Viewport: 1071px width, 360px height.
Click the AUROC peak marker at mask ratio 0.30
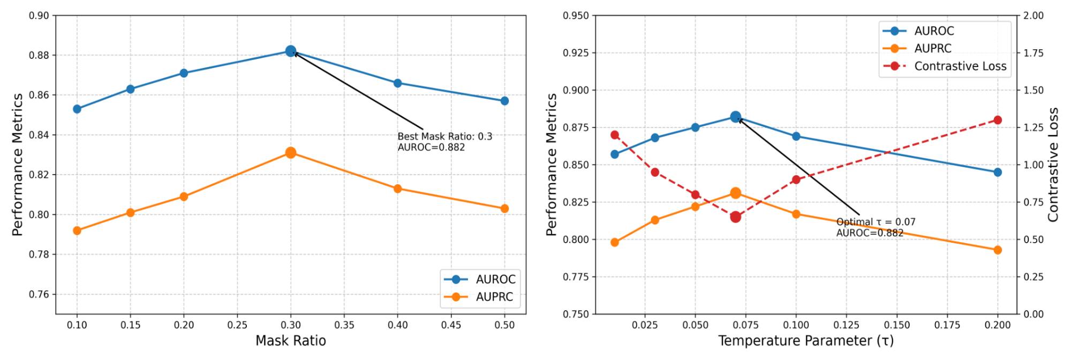(291, 51)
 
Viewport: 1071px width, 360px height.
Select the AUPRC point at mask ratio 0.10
(77, 231)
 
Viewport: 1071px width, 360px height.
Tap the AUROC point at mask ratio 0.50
(504, 101)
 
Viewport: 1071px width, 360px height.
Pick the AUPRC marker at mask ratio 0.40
(397, 189)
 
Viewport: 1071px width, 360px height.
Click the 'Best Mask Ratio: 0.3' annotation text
(444, 137)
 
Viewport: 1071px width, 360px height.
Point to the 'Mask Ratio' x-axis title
(290, 341)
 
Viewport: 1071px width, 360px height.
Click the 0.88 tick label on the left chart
(39, 55)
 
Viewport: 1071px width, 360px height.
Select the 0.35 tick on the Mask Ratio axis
(344, 325)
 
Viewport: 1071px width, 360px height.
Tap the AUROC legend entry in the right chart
(934, 31)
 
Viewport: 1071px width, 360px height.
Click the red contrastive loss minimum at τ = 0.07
(735, 217)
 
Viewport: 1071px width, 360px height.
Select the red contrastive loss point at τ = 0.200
(998, 120)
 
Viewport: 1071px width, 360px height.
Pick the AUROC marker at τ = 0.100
(796, 137)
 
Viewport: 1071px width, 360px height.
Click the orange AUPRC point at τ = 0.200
(998, 250)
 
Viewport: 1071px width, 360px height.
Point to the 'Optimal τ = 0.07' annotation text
(876, 222)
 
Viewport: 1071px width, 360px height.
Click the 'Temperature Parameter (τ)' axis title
(805, 341)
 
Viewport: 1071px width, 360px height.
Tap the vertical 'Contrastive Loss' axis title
(1053, 164)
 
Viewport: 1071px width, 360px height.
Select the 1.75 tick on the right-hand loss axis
(1033, 53)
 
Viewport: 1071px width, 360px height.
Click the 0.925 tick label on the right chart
(575, 53)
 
